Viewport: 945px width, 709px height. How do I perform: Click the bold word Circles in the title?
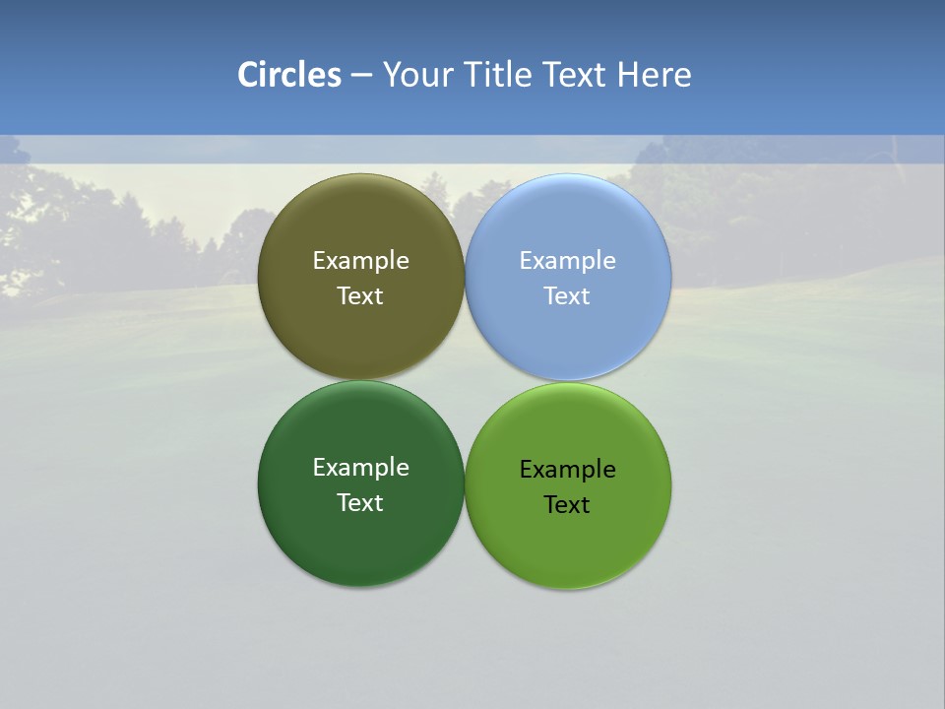coord(289,75)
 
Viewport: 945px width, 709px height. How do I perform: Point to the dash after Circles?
coord(361,75)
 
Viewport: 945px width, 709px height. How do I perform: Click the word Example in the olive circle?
coord(360,261)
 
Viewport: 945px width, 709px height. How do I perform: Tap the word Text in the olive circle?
coord(360,296)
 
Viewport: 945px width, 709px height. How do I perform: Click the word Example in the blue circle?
coord(567,261)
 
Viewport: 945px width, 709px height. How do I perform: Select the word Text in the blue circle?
coord(567,296)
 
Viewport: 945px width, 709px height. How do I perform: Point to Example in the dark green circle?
coord(360,468)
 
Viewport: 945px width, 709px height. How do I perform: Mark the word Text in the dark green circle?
coord(360,503)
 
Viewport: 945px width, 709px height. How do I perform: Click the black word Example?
coord(567,470)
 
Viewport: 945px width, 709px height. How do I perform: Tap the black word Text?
coord(567,505)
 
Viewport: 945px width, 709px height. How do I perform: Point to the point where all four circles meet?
coord(465,380)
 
